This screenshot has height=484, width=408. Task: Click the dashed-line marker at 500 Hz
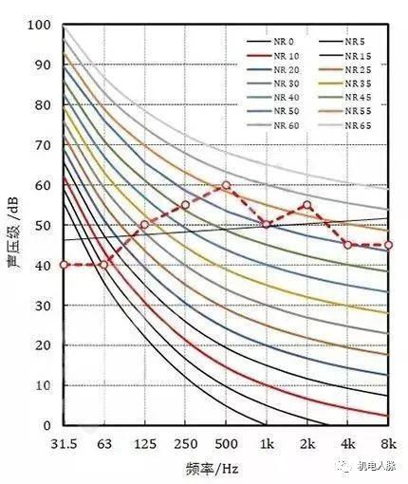pos(226,185)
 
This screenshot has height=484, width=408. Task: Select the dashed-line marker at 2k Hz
pos(306,205)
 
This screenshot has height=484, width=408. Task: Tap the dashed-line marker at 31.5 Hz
pos(64,265)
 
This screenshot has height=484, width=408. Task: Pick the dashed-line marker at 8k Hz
pos(388,245)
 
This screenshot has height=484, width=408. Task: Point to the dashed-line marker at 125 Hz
pos(144,225)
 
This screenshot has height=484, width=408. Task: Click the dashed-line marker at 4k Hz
pos(347,245)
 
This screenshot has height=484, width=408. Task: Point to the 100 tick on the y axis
pos(41,25)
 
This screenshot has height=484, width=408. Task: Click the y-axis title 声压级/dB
pos(14,225)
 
